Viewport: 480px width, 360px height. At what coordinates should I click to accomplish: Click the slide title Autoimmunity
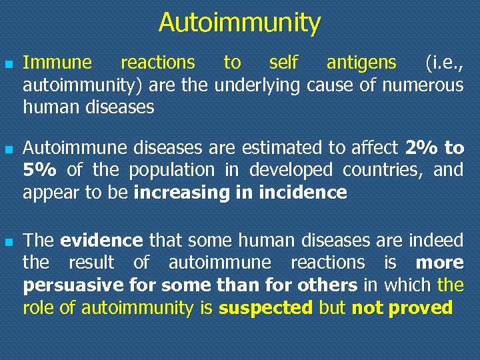239,23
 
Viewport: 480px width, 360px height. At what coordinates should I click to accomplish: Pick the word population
172,171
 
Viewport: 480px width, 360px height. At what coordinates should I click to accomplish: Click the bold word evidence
101,240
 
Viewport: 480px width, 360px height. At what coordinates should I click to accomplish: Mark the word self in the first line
283,63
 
